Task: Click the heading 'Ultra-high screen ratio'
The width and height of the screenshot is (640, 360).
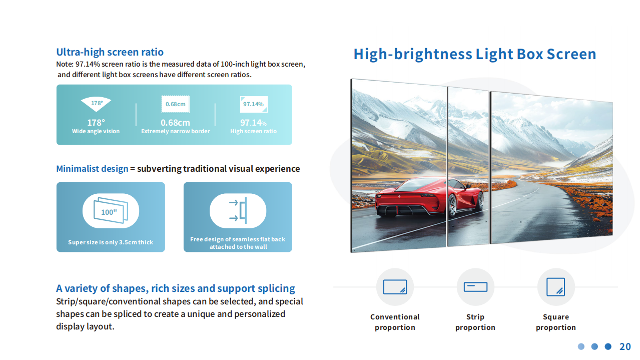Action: pos(110,52)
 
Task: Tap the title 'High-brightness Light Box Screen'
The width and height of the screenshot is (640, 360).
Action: pos(475,54)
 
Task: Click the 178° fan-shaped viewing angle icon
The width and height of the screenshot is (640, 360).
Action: pos(96,104)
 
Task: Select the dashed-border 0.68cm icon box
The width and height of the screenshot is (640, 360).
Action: pos(176,104)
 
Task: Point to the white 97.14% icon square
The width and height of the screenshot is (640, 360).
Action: pos(254,104)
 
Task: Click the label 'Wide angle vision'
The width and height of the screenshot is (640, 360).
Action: pos(96,131)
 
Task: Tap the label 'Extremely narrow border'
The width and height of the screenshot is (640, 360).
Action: pos(176,131)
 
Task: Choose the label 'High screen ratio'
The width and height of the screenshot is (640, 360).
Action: pos(253,131)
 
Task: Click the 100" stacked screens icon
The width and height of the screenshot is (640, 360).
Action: pos(111,211)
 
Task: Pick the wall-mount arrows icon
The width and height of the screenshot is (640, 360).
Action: pos(238,210)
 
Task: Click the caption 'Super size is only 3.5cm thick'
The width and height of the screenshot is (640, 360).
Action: pos(111,242)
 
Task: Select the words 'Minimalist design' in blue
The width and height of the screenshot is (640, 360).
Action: pos(92,169)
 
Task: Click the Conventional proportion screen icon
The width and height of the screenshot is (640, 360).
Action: pos(395,287)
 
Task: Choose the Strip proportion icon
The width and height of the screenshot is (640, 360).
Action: pos(475,287)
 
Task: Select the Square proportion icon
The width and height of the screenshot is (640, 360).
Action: pos(556,287)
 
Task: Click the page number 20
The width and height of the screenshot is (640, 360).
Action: pos(625,346)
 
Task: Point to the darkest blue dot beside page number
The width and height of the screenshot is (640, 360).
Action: pos(608,346)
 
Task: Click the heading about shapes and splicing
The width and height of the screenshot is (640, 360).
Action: pos(176,288)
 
